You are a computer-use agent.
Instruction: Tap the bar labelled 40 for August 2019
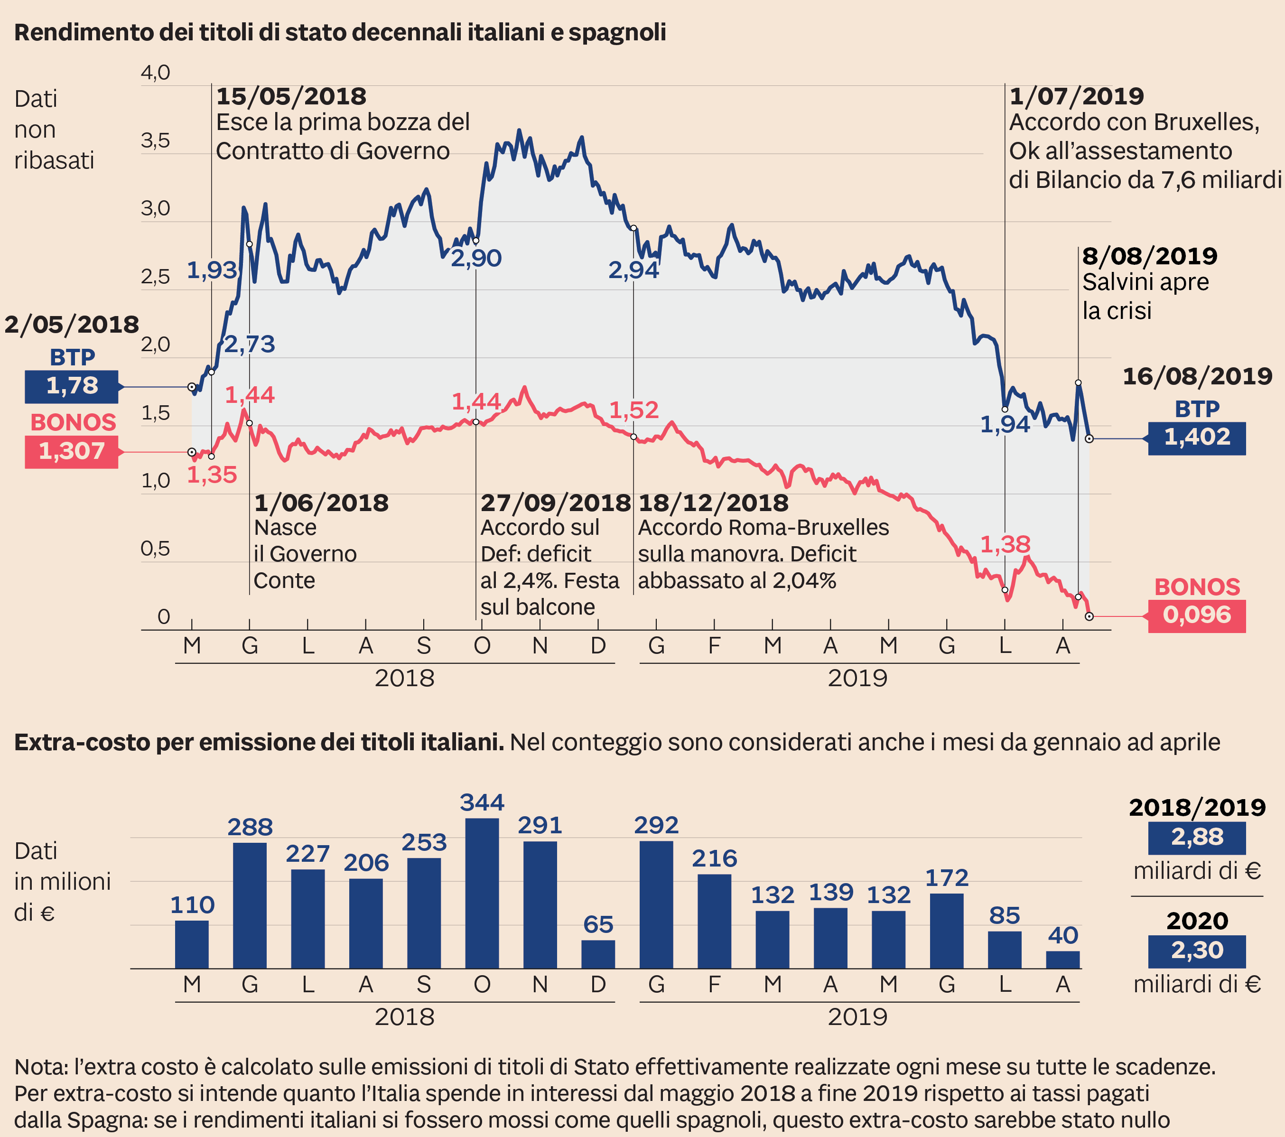(x=1062, y=959)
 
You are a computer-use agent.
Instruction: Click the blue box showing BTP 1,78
(x=71, y=386)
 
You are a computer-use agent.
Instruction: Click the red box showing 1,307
(x=71, y=451)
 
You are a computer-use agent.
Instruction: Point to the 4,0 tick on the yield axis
(x=155, y=73)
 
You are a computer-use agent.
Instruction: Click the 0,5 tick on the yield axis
(x=155, y=549)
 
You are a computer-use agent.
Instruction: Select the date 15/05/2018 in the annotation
(x=291, y=96)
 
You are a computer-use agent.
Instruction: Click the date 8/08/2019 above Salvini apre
(x=1149, y=256)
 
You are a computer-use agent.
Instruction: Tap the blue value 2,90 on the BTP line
(x=476, y=258)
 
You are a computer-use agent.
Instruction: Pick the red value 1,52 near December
(x=633, y=410)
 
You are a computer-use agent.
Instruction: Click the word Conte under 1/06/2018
(x=284, y=580)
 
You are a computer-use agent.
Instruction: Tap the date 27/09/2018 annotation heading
(x=555, y=503)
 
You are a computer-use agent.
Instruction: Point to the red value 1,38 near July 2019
(x=1005, y=544)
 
